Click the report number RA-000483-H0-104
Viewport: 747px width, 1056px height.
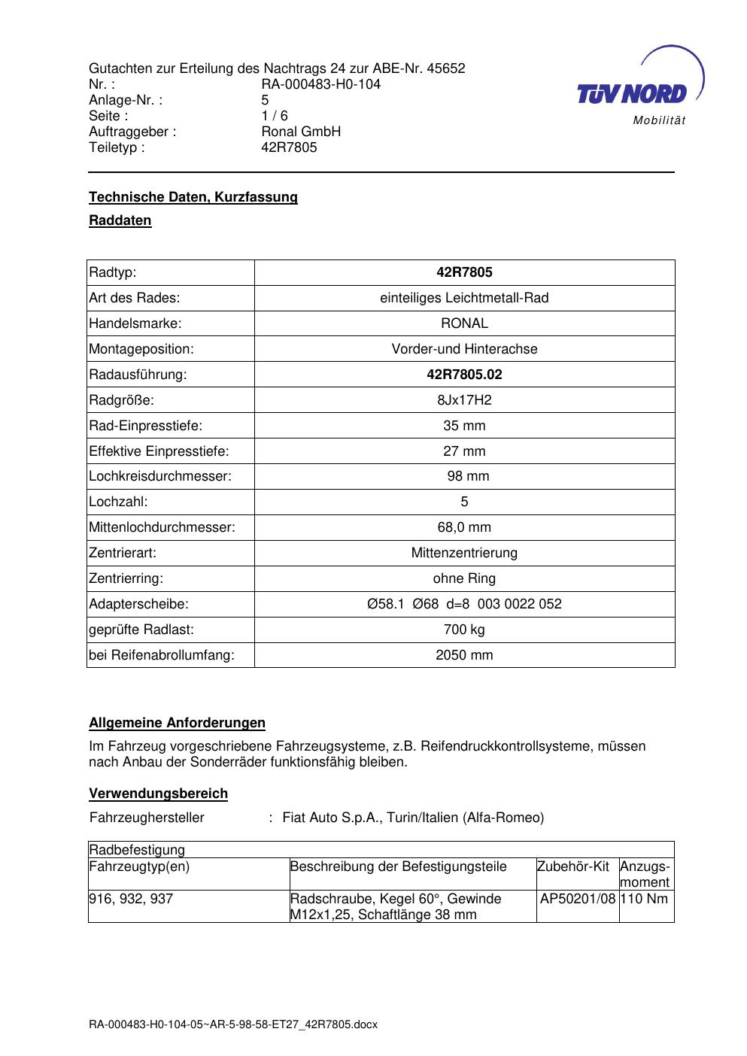click(x=320, y=84)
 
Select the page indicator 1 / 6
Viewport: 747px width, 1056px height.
click(x=274, y=116)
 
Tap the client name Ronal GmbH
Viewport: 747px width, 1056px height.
click(x=301, y=132)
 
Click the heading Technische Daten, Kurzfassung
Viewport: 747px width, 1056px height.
click(x=193, y=197)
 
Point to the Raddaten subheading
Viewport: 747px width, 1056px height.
click(x=120, y=220)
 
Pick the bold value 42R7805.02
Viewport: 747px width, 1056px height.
click(x=464, y=375)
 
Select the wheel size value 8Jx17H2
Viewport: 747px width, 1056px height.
click(x=464, y=400)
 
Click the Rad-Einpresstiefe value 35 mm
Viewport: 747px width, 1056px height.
click(x=464, y=426)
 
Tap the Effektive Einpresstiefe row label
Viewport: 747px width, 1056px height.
click(x=159, y=451)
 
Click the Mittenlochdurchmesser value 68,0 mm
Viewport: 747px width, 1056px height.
click(x=464, y=527)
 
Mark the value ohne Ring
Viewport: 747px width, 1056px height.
click(x=464, y=578)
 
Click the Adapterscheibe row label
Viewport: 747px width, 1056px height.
click(x=138, y=604)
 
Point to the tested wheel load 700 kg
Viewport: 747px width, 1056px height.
click(x=464, y=630)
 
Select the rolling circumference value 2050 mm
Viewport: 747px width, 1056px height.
click(x=464, y=655)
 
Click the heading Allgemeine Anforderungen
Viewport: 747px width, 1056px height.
click(x=177, y=723)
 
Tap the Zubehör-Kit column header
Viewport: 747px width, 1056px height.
click(x=573, y=866)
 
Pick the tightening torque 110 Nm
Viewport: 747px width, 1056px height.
click(x=644, y=899)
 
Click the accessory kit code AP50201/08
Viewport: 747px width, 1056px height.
click(x=578, y=899)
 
